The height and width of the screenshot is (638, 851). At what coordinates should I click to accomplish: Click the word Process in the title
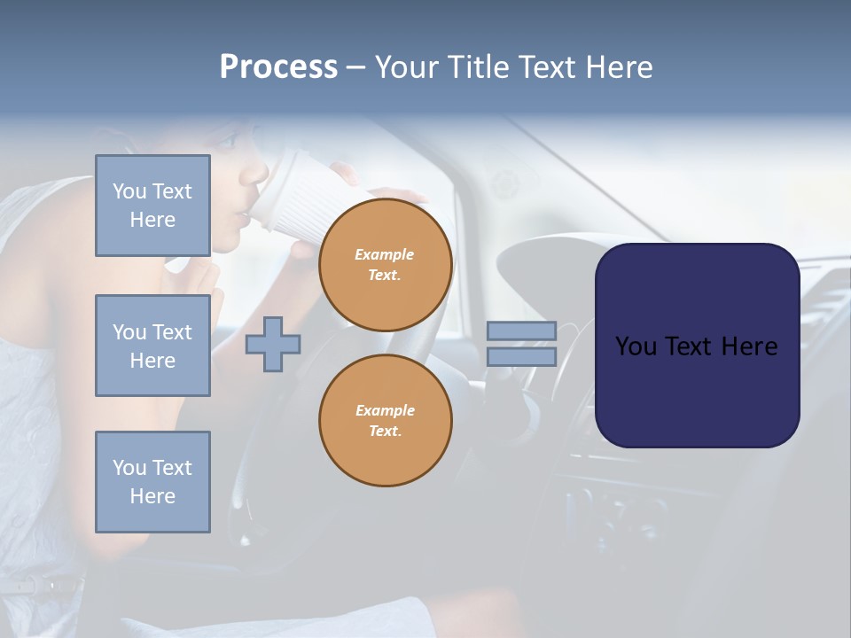coord(278,67)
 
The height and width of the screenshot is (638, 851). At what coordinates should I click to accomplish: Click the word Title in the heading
coord(480,67)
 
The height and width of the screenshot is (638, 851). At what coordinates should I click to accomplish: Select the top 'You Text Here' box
coord(152,206)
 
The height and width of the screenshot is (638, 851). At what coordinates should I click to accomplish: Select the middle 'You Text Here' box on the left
coord(152,346)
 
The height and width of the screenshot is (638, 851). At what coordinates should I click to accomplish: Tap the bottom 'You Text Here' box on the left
coord(152,481)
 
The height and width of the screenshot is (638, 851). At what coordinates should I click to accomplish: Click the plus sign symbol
coord(273,345)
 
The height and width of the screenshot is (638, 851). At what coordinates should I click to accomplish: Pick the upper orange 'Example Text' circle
coord(385,264)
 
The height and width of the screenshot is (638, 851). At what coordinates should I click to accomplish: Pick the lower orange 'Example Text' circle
coord(385,420)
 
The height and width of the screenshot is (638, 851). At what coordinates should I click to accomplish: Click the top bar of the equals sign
coord(521,331)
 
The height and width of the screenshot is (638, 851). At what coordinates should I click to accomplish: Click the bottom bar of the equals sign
coord(521,357)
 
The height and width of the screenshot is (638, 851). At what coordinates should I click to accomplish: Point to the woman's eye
coord(226,142)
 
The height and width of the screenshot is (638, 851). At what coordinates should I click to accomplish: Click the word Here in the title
coord(620,67)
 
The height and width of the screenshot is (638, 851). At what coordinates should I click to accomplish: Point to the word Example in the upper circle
coord(385,254)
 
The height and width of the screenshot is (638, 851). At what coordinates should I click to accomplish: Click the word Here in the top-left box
coord(152,220)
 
